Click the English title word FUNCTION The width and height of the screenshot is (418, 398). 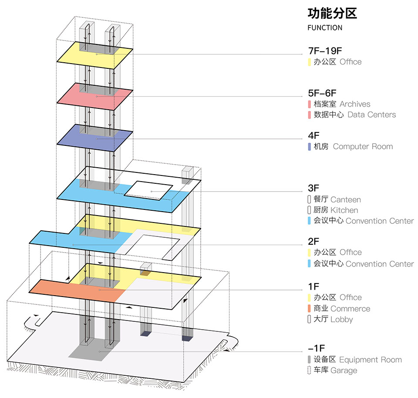pos(324,28)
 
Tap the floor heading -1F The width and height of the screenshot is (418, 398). pos(316,348)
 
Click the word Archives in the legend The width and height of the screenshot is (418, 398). pos(355,104)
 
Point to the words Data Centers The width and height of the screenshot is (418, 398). pos(371,115)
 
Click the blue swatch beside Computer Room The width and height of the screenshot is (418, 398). pos(309,147)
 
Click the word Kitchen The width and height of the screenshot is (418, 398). pos(344,210)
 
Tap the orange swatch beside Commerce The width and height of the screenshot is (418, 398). pos(309,309)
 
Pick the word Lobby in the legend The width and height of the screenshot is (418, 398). pos(342,319)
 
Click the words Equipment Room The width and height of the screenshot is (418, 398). pos(370,360)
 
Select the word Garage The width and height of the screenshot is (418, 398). pos(344,371)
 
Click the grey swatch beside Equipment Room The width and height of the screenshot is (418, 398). pos(309,360)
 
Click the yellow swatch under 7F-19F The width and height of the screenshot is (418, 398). pos(309,62)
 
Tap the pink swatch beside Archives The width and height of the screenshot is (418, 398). pos(309,104)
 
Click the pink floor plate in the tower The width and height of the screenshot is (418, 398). pos(70,94)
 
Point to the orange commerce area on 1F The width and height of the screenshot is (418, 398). pos(57,287)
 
